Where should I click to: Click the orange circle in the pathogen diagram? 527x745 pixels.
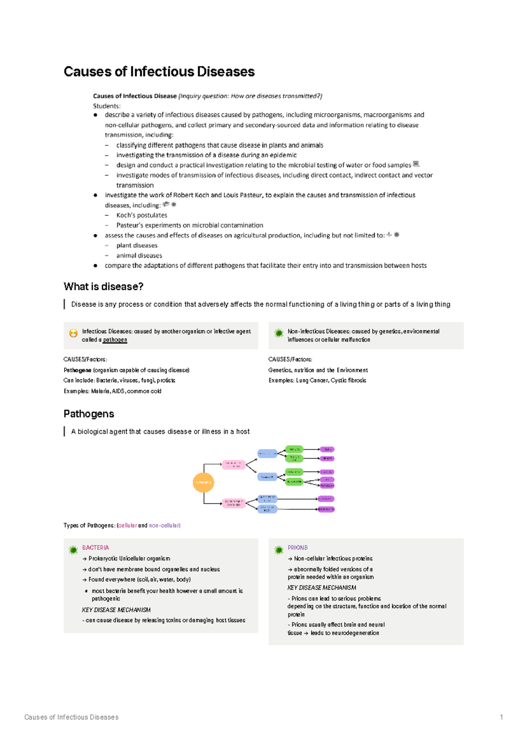click(x=203, y=482)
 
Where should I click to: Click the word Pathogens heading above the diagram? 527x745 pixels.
click(x=89, y=414)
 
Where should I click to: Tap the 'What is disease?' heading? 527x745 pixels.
click(x=103, y=287)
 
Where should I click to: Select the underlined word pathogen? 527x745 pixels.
click(x=115, y=340)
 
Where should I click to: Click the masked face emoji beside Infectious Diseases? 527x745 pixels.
click(x=73, y=333)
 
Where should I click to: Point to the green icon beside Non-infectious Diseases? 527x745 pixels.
click(x=278, y=333)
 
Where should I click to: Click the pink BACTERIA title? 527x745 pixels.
click(x=95, y=547)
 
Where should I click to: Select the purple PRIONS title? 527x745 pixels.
click(x=297, y=547)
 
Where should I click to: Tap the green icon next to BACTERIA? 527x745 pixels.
click(x=73, y=550)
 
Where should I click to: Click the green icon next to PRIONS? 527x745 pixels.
click(x=278, y=550)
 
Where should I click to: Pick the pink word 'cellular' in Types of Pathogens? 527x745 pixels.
click(x=127, y=525)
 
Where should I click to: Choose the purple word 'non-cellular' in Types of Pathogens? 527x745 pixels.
click(x=164, y=525)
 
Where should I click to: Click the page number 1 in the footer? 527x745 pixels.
click(x=501, y=717)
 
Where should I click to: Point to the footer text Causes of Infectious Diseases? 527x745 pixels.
click(x=71, y=717)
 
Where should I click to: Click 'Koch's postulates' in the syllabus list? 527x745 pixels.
click(x=141, y=215)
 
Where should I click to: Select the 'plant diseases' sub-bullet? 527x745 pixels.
click(x=137, y=245)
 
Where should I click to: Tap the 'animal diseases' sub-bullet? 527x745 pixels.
click(x=139, y=256)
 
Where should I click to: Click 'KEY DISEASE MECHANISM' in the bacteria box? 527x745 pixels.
click(x=116, y=610)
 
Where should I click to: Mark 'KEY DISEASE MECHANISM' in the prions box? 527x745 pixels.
click(x=321, y=587)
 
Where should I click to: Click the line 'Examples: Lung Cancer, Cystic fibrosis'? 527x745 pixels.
click(x=317, y=381)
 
